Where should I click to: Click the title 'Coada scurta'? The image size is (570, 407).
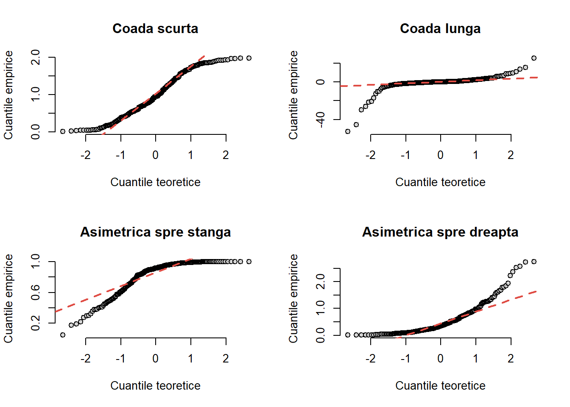[x=155, y=28]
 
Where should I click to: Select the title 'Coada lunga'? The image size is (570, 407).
[x=440, y=28]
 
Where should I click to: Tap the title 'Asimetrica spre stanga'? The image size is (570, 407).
[x=155, y=232]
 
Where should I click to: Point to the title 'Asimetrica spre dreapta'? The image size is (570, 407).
[x=440, y=232]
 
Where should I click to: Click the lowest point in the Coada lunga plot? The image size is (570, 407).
[x=348, y=131]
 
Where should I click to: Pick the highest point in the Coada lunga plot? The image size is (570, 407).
[x=534, y=58]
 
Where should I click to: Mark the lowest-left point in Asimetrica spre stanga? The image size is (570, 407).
[x=63, y=335]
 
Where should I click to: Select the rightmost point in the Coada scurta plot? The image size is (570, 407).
[x=249, y=58]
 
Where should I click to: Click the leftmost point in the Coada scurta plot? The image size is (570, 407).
[x=63, y=131]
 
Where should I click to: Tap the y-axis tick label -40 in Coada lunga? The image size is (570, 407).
[x=321, y=120]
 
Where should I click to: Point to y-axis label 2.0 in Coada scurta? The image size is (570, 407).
[x=36, y=57]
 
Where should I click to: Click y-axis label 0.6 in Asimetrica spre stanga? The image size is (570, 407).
[x=36, y=293]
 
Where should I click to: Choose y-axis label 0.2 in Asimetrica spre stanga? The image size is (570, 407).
[x=36, y=323]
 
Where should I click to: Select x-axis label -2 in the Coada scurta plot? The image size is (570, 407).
[x=86, y=155]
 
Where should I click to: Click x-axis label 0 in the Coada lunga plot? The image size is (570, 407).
[x=441, y=155]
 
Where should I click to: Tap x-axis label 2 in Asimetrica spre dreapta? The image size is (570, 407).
[x=511, y=359]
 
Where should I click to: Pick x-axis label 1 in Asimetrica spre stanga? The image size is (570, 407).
[x=191, y=359]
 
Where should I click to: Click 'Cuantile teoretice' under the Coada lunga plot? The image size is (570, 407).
[x=440, y=182]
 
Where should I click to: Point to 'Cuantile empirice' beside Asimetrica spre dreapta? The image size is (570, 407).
[x=293, y=298]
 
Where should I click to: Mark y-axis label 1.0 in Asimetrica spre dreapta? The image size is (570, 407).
[x=321, y=308]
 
